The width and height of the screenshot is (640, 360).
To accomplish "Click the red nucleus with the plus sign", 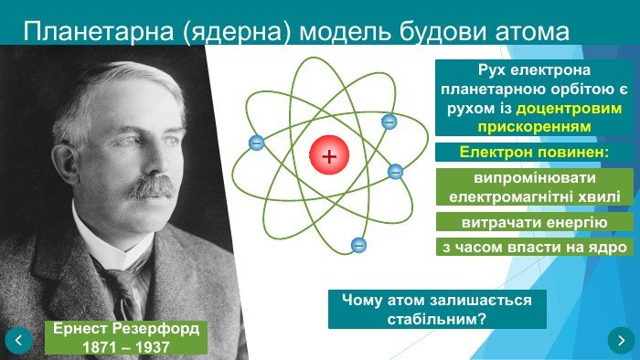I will point(329,156).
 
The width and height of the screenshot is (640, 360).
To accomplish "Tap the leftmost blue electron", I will point(256,143).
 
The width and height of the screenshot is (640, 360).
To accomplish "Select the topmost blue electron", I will point(389,121).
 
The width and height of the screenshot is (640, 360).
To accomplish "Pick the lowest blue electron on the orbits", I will point(358,244).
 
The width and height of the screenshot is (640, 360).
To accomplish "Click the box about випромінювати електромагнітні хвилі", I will point(534,186).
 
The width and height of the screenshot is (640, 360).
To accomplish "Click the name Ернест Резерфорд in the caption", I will point(126,329).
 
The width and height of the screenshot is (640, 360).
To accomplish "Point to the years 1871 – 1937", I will point(126,347).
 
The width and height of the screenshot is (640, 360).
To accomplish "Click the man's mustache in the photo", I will point(148,187).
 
